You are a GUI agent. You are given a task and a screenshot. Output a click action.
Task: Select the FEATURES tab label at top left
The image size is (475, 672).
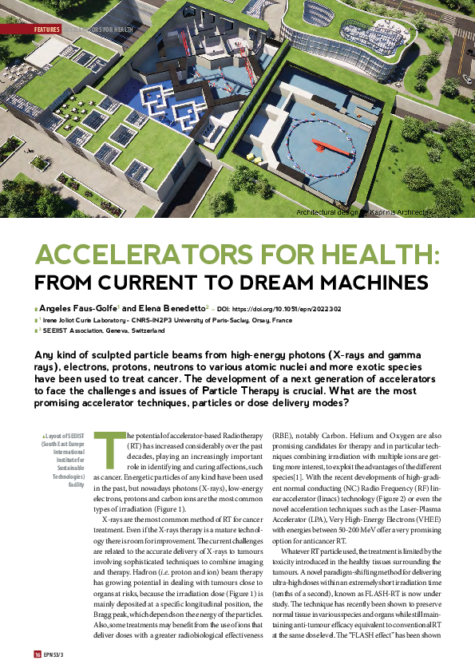tap(48, 29)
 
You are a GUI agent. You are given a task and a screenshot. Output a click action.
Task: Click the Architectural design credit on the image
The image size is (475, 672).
tap(364, 213)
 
